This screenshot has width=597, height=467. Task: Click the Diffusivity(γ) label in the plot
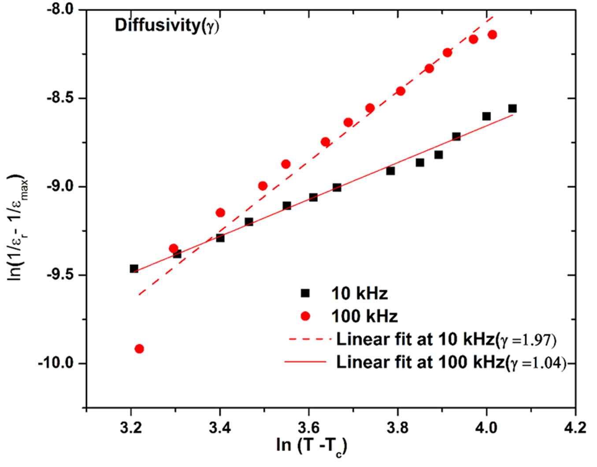[x=167, y=26]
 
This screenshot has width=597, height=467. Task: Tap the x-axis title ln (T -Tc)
[x=311, y=446]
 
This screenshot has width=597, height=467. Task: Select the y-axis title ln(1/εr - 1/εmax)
[x=18, y=227]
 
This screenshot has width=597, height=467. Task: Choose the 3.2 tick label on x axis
[x=131, y=427]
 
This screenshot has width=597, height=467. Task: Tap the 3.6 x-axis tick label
[x=309, y=427]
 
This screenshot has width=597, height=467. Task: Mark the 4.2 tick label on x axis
[x=575, y=427]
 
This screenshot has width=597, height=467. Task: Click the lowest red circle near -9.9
[x=139, y=349]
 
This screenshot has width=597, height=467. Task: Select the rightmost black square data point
[x=512, y=108]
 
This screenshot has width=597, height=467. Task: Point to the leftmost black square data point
[x=134, y=269]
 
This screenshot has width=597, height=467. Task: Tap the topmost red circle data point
[x=493, y=35]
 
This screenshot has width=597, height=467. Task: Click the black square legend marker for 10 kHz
[x=305, y=293]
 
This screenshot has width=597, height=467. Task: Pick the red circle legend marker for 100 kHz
[x=305, y=316]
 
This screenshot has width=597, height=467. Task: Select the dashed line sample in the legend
[x=309, y=339]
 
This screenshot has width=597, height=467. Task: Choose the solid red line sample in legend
[x=306, y=362]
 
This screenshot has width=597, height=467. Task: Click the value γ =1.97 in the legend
[x=528, y=340]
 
